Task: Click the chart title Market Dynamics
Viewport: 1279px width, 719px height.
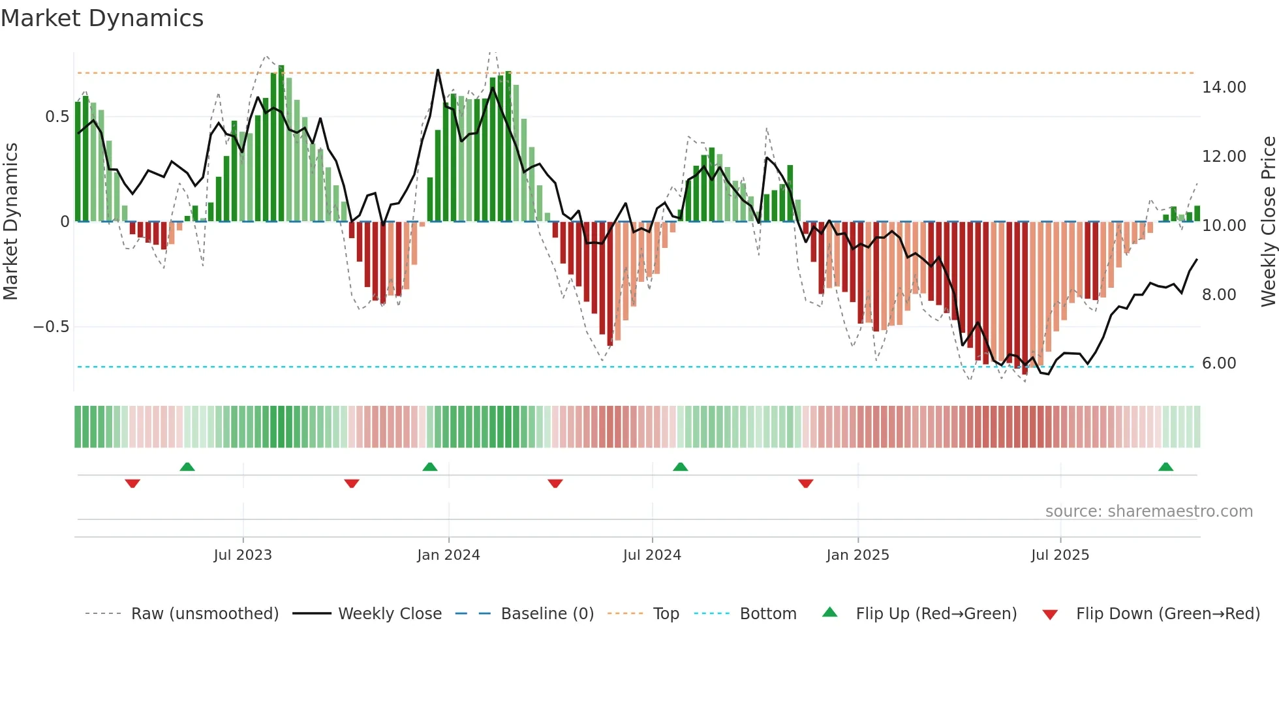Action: pos(102,18)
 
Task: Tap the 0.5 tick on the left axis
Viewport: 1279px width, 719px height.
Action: pos(57,117)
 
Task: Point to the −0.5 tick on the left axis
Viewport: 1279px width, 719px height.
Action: pos(52,327)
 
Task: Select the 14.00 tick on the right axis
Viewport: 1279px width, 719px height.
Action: pos(1224,87)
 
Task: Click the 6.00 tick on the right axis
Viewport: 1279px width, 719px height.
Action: pos(1218,363)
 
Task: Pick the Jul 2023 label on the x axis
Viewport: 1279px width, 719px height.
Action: pos(243,555)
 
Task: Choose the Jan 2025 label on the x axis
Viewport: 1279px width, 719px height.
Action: pos(857,555)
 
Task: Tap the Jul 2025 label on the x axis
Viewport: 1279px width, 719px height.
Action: pos(1060,555)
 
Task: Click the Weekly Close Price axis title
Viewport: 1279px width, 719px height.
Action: pos(1268,222)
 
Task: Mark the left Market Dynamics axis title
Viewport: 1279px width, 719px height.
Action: pos(10,222)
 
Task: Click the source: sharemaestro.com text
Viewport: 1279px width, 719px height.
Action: pos(1148,512)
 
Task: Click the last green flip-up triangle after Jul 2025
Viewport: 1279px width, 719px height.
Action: pos(1165,467)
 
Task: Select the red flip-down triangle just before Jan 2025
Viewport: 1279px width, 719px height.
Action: pos(805,483)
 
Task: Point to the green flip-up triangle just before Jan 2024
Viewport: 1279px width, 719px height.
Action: pos(429,467)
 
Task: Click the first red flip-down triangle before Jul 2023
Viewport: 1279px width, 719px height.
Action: pos(132,483)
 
